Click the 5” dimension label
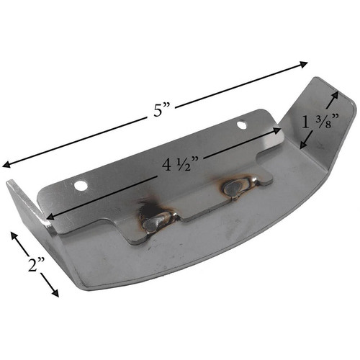(161, 110)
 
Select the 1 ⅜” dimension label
(320, 122)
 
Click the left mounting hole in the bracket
(81, 185)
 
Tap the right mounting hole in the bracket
(243, 125)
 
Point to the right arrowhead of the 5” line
(303, 64)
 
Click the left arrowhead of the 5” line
(6, 165)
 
